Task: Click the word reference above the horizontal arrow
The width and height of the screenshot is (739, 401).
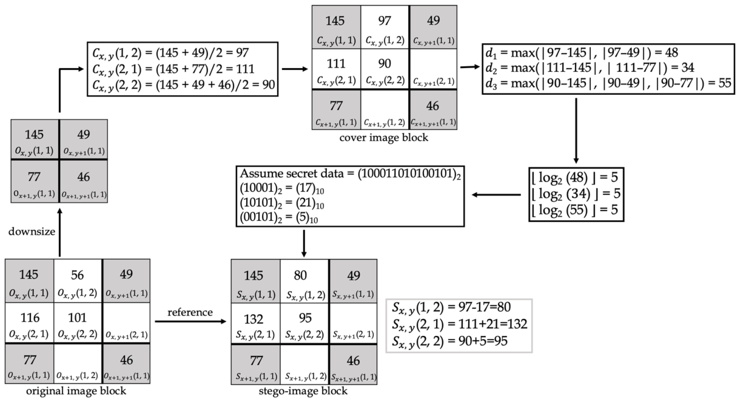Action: click(190, 312)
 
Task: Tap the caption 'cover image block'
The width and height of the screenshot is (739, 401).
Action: click(383, 138)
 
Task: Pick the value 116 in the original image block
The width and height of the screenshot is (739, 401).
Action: click(30, 318)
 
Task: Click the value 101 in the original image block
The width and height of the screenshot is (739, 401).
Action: click(77, 318)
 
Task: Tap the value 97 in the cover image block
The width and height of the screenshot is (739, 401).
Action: click(384, 21)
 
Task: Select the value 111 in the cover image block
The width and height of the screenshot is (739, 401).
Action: click(336, 64)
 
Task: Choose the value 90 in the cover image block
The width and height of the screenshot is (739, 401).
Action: click(384, 64)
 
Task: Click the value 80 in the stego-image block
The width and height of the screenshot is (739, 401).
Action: click(300, 276)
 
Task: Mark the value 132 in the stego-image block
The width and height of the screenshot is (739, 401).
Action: click(254, 319)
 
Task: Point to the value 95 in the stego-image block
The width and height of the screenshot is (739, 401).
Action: click(305, 318)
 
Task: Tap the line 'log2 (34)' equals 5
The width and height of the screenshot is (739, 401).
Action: click(576, 194)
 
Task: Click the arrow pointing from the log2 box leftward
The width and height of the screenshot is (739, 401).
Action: click(496, 195)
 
